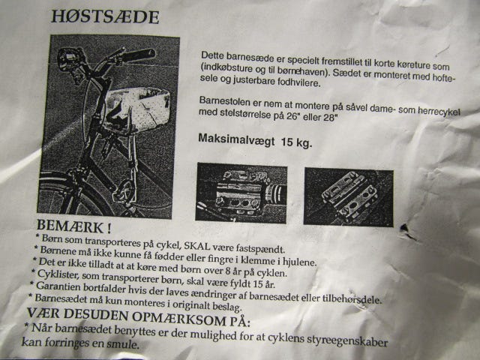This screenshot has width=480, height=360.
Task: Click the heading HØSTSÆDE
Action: pos(105,16)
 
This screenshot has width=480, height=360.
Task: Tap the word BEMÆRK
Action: pos(70,226)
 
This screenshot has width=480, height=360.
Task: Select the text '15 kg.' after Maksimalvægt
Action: pos(297,142)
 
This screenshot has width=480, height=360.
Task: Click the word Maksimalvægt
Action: pos(236,140)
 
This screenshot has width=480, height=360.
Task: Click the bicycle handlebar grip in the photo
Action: pos(138,55)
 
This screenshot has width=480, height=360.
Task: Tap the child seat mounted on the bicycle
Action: pos(136,108)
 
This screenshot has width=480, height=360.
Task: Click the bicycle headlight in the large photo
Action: pos(68,59)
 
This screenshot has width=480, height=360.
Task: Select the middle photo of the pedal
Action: pos(241,193)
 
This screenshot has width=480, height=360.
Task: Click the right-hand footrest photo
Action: pos(348,197)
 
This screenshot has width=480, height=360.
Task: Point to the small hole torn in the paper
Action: pos(405,228)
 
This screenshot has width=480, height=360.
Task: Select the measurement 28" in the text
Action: pos(330,117)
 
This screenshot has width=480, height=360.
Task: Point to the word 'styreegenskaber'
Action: pos(347,341)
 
